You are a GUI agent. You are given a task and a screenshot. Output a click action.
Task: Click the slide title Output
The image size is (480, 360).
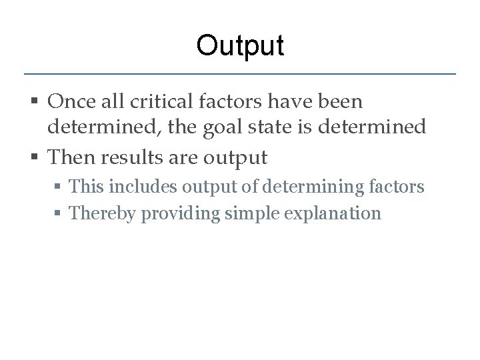tap(240, 45)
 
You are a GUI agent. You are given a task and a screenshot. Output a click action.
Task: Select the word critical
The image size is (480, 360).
tap(163, 102)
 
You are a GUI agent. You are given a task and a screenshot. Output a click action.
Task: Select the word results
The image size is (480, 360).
tap(136, 157)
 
